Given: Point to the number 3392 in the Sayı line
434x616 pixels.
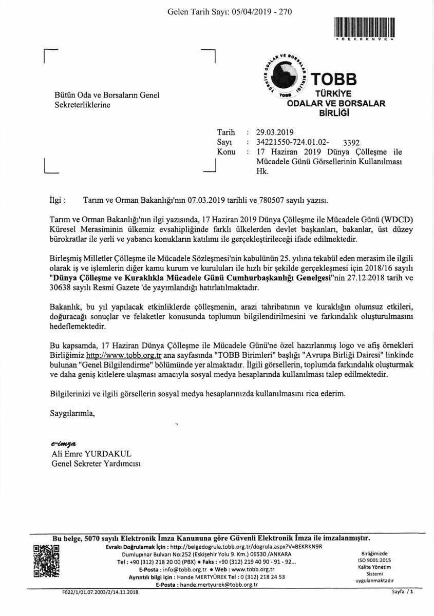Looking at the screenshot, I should pyautogui.click(x=351, y=142).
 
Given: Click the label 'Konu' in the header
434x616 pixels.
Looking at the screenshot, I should pyautogui.click(x=226, y=152).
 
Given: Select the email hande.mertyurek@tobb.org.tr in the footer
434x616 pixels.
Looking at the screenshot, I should pyautogui.click(x=218, y=585).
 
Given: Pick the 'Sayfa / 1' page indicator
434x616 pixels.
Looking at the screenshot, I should pyautogui.click(x=402, y=592).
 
